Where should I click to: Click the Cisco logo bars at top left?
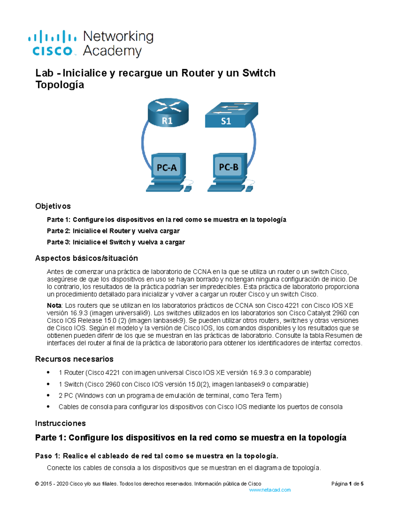pos(52,37)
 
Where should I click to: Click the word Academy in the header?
pos(112,51)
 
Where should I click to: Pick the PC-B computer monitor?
pos(229,167)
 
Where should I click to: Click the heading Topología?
pos(60,85)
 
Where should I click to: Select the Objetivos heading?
pos(53,206)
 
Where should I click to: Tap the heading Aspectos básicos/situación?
pos(86,258)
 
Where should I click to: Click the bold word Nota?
pos(54,305)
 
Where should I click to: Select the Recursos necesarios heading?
pos(74,359)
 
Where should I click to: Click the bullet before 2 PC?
pos(49,395)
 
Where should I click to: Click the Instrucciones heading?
pos(60,423)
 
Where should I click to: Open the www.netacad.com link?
pos(270,490)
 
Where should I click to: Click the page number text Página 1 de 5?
pos(347,484)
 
